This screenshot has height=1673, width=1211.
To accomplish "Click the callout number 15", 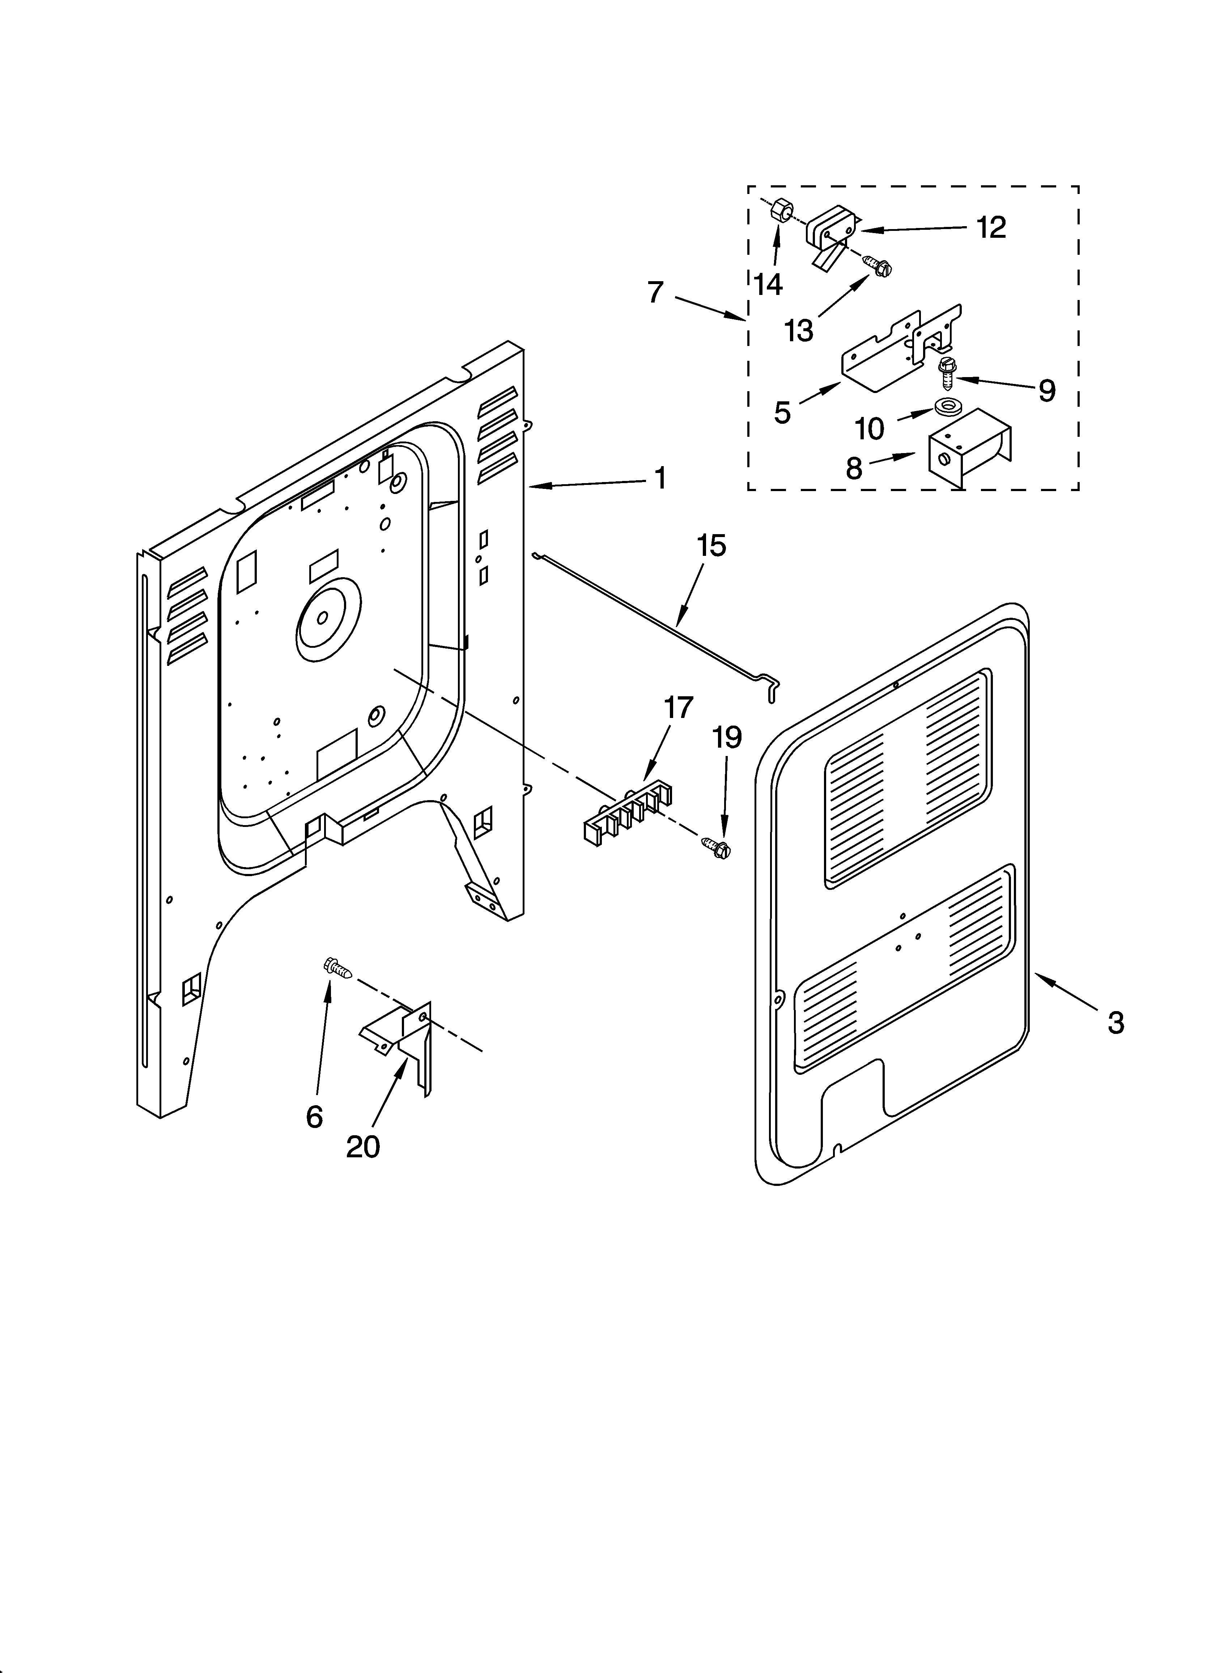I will point(712,546).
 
